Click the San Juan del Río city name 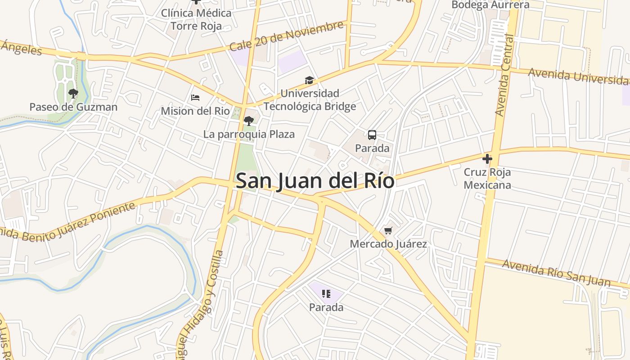click(315, 181)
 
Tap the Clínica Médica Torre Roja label click(196, 19)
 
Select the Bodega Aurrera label click(490, 5)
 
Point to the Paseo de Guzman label click(73, 107)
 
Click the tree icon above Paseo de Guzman click(73, 94)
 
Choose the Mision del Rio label click(195, 111)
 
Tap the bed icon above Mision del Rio click(195, 98)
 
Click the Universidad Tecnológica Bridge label click(310, 100)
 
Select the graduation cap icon click(309, 81)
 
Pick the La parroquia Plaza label click(249, 134)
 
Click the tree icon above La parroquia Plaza click(248, 121)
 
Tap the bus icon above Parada click(372, 135)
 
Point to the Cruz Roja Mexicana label click(487, 179)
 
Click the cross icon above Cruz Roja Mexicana click(487, 159)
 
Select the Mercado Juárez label click(388, 244)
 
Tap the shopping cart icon click(388, 231)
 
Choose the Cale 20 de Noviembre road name click(286, 36)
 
